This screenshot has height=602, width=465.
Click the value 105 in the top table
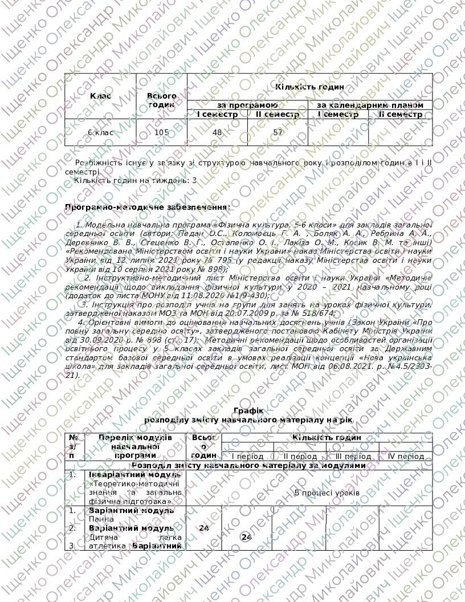tap(162, 132)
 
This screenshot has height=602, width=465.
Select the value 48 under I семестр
tap(217, 132)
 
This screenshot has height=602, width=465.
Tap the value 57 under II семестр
tap(278, 132)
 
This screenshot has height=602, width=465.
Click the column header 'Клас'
tap(101, 96)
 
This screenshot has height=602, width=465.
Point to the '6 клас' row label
tap(100, 132)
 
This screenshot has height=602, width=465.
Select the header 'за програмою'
tap(247, 105)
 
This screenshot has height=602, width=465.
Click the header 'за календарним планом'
tap(370, 105)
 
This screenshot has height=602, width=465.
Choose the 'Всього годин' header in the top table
tap(162, 100)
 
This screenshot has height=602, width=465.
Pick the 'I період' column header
tap(247, 457)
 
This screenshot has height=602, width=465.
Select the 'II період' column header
tap(300, 457)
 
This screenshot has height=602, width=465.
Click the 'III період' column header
tap(353, 457)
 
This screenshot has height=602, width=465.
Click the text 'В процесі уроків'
tap(327, 491)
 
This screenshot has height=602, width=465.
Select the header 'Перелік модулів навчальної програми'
tap(135, 446)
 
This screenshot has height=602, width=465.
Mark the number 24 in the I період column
tap(247, 537)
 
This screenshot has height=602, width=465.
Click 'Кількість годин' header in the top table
tap(309, 87)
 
